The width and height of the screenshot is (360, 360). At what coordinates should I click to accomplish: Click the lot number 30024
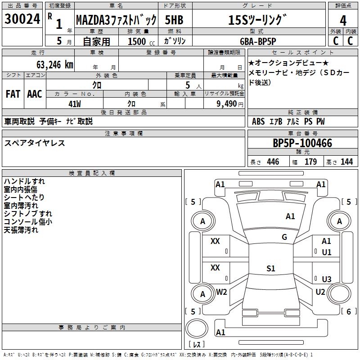(x=22, y=19)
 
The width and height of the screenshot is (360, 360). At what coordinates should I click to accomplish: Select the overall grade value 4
(x=343, y=20)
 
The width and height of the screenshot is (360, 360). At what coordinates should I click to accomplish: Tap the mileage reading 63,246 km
(x=55, y=65)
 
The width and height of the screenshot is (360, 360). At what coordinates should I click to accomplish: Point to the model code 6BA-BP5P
(x=258, y=41)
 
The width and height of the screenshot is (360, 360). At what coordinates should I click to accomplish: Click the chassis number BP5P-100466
(x=302, y=143)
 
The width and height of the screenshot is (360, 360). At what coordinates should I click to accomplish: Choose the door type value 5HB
(x=174, y=20)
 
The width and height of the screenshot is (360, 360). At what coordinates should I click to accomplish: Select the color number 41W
(x=75, y=104)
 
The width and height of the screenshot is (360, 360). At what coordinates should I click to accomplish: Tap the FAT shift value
(x=13, y=94)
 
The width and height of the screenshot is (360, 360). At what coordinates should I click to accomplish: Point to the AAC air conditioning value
(x=35, y=94)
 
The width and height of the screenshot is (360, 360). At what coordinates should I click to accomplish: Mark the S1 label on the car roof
(x=271, y=268)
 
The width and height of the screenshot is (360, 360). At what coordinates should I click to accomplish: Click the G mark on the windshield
(x=284, y=237)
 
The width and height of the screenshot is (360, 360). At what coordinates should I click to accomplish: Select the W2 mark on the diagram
(x=221, y=292)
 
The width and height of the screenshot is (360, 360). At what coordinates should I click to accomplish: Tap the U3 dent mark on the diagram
(x=327, y=279)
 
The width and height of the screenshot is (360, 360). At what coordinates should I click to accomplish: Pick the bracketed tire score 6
(x=349, y=311)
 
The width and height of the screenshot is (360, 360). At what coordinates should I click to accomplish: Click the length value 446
(x=273, y=162)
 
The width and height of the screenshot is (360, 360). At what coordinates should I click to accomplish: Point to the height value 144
(x=346, y=162)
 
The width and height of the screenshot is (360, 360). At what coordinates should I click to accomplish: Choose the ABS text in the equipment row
(x=258, y=121)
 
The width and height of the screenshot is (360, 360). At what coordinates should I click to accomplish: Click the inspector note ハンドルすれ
(x=24, y=181)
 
